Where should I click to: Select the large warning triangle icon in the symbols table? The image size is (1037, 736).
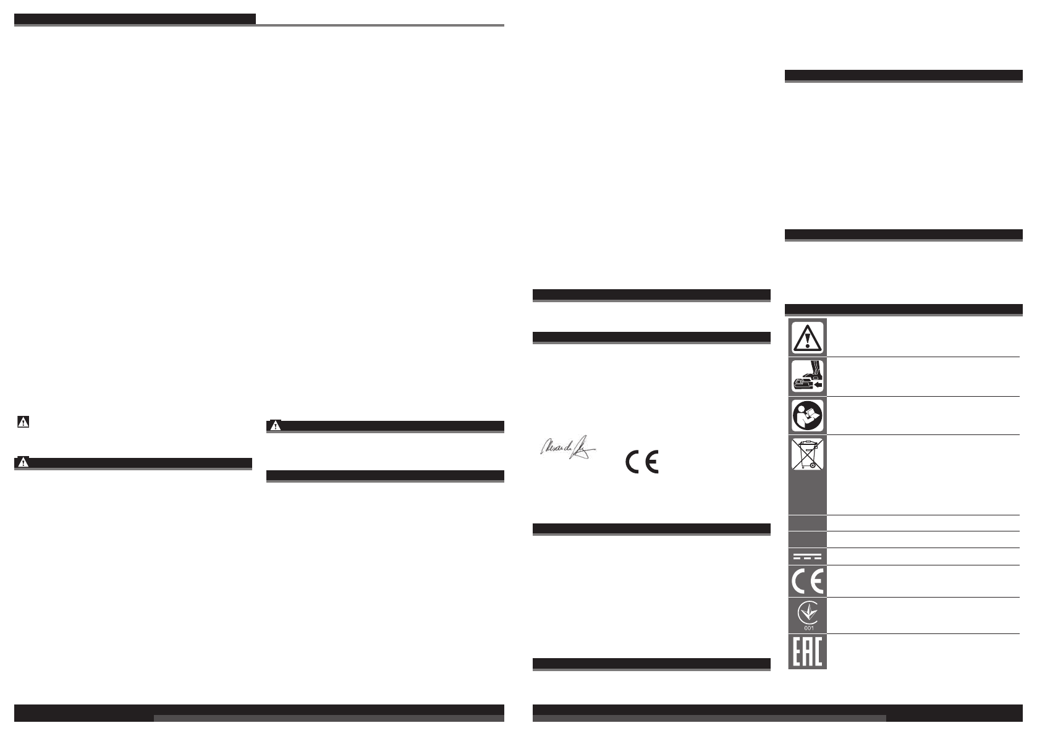[x=807, y=337]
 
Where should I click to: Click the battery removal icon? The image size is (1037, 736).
[x=807, y=376]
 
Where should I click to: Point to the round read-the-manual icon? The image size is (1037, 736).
[x=807, y=415]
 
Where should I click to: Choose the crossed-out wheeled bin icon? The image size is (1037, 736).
[x=807, y=454]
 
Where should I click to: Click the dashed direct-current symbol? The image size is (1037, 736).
[x=807, y=556]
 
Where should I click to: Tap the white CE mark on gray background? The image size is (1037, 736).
[x=807, y=582]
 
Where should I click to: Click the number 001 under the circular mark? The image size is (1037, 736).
[x=808, y=628]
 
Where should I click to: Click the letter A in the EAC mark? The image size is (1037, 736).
[x=808, y=651]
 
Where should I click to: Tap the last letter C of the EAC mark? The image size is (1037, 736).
[x=818, y=651]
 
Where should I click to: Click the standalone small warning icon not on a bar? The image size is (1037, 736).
[x=23, y=423]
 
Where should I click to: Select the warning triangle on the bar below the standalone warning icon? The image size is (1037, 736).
[x=23, y=463]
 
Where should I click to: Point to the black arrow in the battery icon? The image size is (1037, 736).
[x=818, y=384]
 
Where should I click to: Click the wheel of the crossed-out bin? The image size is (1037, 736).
[x=813, y=465]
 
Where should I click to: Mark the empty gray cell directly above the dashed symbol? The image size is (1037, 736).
[x=807, y=539]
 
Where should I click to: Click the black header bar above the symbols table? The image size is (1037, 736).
[x=903, y=310]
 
